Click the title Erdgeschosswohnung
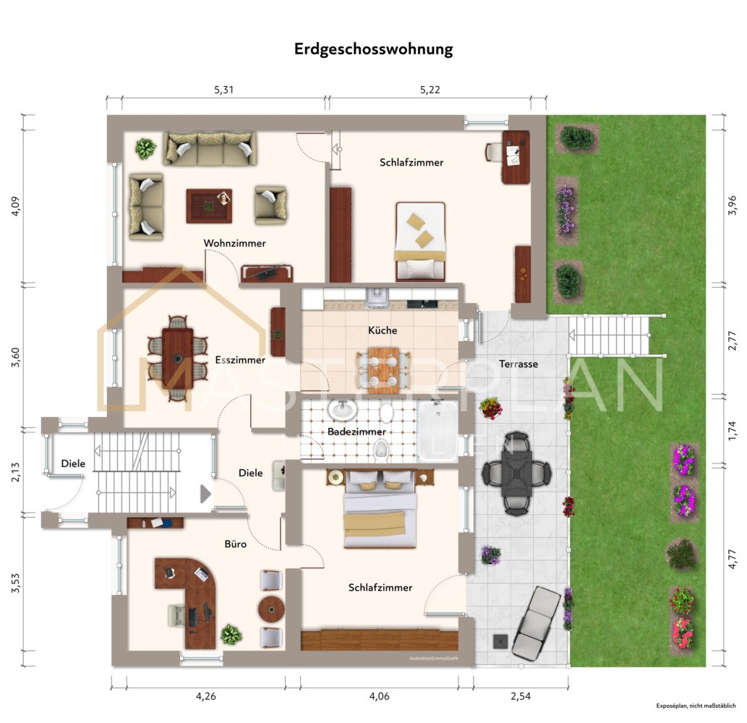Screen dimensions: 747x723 coord(373,50)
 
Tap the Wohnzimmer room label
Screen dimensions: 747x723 coord(234,243)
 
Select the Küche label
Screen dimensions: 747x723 coord(383,330)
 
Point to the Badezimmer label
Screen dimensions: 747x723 coord(357,432)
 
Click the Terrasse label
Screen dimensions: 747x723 coord(518,364)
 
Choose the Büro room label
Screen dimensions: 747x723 coord(235,544)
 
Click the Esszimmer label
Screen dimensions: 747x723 coord(240,359)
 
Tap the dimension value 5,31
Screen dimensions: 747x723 coord(224,90)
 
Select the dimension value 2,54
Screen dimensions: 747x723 coord(521,696)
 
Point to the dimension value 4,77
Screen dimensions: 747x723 coord(733,559)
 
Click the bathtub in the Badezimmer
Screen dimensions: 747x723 coord(437,431)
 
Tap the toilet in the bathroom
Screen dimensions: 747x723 coord(380,450)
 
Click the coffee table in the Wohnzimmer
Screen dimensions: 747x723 coord(209,206)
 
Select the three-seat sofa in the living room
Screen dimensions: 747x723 coord(210,148)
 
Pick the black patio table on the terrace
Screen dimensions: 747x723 coord(517,474)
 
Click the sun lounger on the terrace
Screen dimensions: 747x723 coord(537,622)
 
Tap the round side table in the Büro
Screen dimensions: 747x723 coord(271,609)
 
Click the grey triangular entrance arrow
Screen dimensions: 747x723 coord(205,494)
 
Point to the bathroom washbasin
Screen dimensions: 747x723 coord(342,410)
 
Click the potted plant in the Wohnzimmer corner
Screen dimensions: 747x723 coord(145,149)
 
